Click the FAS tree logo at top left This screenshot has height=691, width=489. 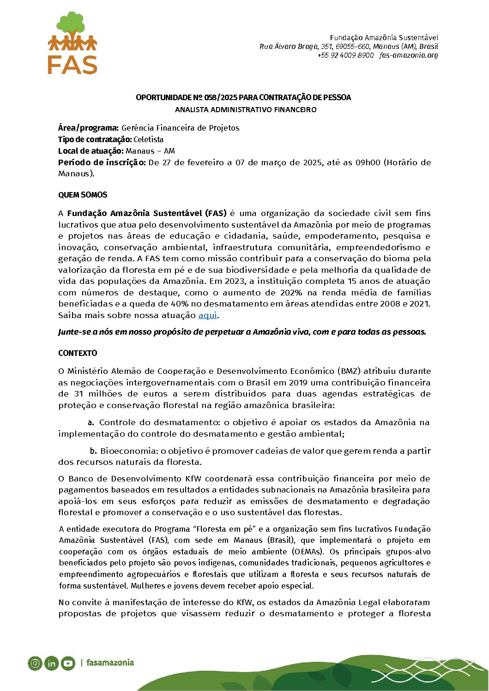click(72, 42)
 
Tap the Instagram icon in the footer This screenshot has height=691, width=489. click(35, 663)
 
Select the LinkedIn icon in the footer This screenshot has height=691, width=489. click(51, 663)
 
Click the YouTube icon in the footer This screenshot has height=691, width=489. click(68, 663)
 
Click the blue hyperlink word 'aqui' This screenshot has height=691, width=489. click(207, 315)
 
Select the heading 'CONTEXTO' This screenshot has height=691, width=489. click(78, 353)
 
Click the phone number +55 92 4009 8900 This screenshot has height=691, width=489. click(345, 55)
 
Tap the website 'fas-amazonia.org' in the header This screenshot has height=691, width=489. click(409, 55)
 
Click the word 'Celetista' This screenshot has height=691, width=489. click(149, 139)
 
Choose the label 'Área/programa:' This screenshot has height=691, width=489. click(88, 128)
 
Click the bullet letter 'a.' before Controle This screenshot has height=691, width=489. click(91, 422)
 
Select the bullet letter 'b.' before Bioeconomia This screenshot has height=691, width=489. click(93, 451)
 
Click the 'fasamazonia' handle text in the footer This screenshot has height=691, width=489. click(110, 663)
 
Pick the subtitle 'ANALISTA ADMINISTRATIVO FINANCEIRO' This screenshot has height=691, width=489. click(246, 110)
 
